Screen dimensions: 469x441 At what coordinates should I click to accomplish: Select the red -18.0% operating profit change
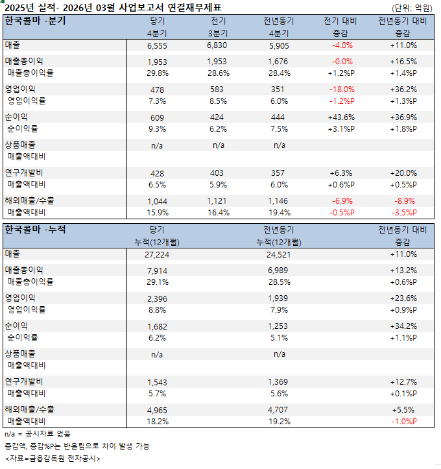(x=342, y=89)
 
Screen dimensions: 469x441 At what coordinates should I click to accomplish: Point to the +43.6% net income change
(x=342, y=117)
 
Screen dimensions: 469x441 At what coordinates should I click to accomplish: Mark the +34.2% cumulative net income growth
(x=403, y=326)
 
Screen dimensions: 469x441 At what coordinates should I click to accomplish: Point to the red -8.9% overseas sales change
(x=403, y=202)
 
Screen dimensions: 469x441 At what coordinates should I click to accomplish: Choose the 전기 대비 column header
(x=342, y=21)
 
